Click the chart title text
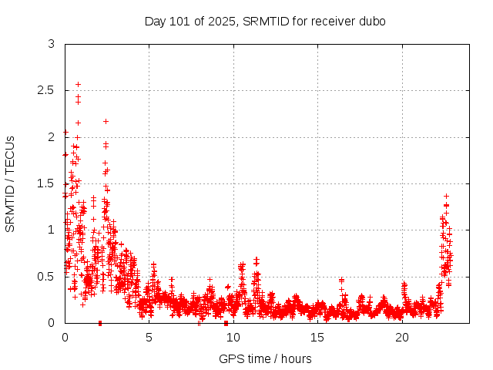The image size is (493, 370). tap(265, 21)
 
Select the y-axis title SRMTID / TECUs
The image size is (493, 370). tap(10, 183)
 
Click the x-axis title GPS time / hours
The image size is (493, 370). tap(265, 358)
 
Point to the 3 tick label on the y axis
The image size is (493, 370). tap(51, 45)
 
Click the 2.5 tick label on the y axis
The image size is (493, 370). tap(46, 91)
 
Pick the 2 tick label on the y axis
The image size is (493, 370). tap(51, 137)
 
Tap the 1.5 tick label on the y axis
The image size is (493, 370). tap(46, 183)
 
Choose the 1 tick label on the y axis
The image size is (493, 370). tap(51, 230)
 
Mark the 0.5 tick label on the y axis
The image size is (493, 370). tap(46, 276)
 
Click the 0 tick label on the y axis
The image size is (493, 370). tap(51, 322)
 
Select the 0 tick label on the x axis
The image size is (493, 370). tap(65, 338)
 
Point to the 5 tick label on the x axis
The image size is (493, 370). tap(149, 338)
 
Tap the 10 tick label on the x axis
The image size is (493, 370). tap(233, 338)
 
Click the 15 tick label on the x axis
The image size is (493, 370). tap(317, 338)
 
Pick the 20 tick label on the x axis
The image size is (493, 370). tap(402, 338)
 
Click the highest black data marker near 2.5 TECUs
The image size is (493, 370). tap(78, 84)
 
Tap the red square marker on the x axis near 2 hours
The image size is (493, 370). tap(100, 323)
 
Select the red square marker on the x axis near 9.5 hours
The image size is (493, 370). tap(226, 323)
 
